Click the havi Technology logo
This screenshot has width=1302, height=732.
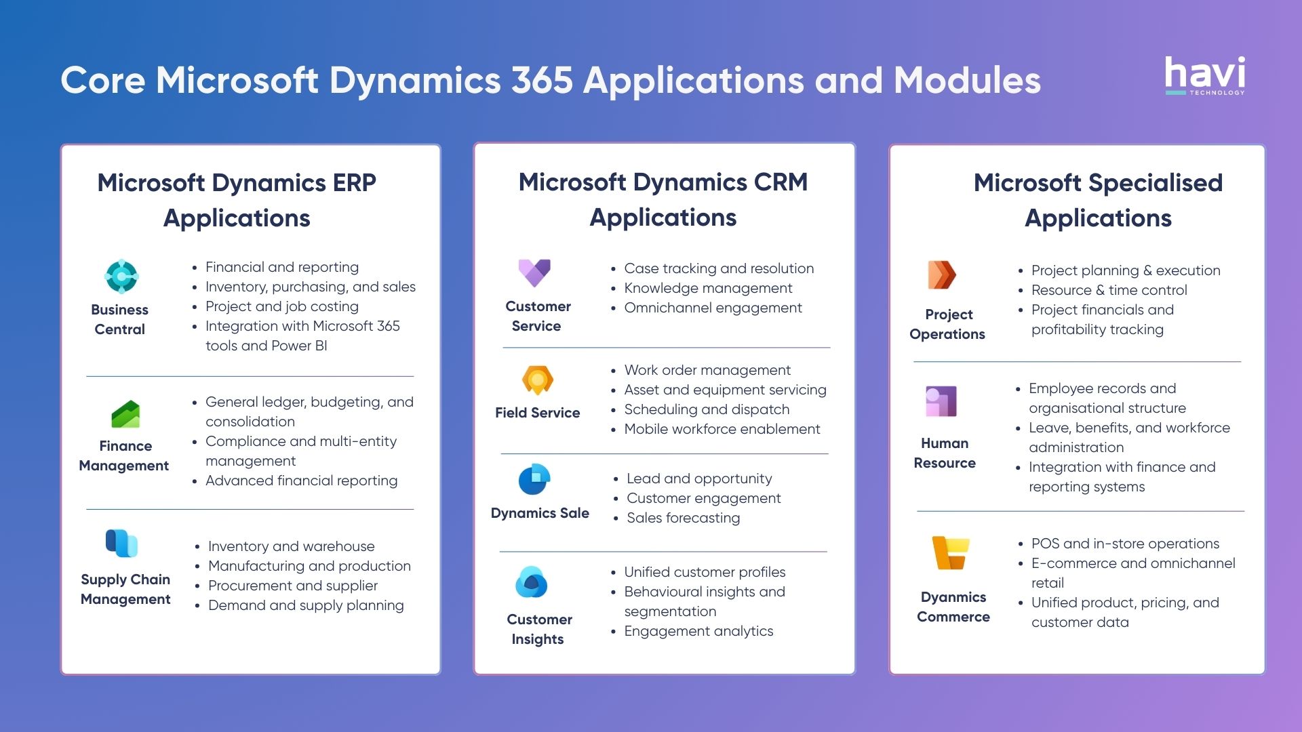(1204, 75)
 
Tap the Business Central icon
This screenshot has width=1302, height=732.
(121, 276)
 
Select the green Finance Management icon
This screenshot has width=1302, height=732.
(125, 414)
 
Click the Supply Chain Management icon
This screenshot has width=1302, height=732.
(121, 543)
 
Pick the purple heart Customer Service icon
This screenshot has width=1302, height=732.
(534, 272)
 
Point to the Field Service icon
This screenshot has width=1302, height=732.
(537, 380)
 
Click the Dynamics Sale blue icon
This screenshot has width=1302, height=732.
(534, 480)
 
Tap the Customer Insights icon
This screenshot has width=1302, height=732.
(531, 582)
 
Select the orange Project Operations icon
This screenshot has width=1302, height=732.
(942, 274)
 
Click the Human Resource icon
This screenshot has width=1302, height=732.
(941, 401)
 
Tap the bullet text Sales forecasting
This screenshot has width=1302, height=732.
(683, 518)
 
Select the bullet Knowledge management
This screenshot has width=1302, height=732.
(708, 288)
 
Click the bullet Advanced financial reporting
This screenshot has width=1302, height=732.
(301, 481)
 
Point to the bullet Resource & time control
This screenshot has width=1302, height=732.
(1109, 290)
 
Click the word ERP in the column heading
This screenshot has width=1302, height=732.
(354, 182)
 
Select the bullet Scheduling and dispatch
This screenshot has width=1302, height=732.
(707, 409)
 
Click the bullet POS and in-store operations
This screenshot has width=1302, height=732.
(1125, 544)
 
